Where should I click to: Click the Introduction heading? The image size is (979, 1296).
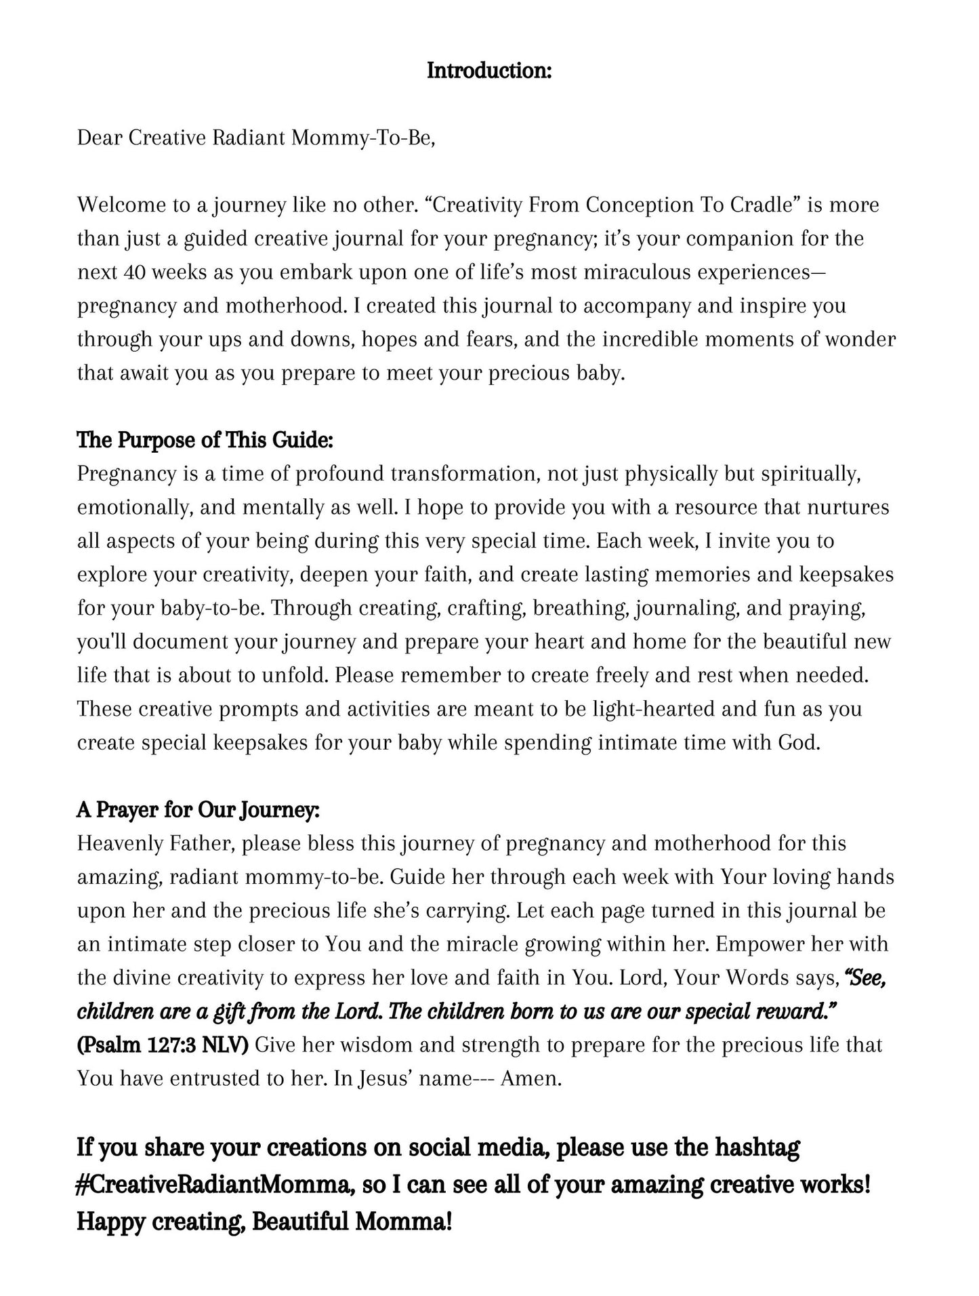tap(489, 70)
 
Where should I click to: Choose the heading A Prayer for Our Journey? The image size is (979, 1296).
tap(198, 810)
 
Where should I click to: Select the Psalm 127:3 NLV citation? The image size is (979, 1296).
tap(163, 1045)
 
